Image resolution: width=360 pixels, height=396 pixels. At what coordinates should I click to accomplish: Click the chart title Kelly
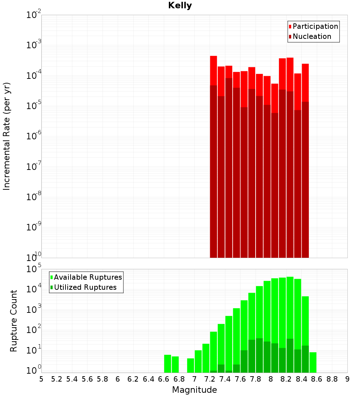180,6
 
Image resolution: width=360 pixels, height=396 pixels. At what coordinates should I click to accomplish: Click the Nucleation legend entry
312,36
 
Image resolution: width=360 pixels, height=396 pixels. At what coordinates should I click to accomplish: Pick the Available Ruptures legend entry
88,277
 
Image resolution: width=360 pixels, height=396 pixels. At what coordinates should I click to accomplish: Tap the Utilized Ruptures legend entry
85,287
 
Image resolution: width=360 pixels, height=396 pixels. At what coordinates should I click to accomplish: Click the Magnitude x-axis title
194,390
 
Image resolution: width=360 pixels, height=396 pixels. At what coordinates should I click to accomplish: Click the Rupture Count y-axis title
14,320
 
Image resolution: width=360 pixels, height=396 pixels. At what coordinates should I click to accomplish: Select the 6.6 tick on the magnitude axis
164,379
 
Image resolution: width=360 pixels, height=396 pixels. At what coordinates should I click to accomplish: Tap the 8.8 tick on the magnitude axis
332,379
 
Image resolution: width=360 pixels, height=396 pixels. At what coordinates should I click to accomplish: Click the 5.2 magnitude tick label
57,379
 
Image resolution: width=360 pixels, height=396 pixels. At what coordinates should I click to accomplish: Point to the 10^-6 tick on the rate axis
33,136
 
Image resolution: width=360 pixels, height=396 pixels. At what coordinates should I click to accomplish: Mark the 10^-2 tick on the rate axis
33,15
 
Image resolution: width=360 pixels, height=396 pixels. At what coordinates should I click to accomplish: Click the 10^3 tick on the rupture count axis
33,310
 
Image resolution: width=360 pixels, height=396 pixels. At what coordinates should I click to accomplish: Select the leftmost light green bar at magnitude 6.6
167,364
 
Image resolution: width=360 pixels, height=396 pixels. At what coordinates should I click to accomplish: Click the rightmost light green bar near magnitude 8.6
313,362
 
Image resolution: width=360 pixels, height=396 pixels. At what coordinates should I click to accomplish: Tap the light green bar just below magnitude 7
190,365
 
